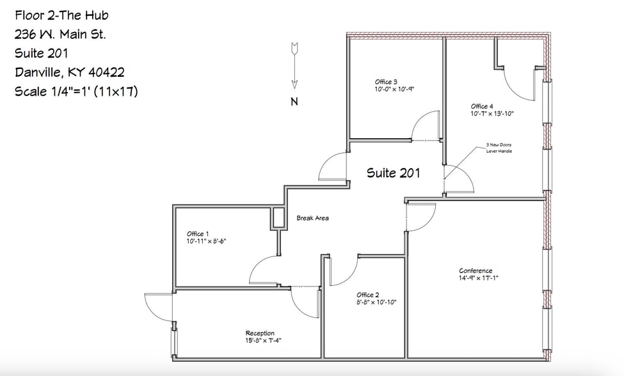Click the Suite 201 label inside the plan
click(x=393, y=173)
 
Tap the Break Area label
click(x=312, y=218)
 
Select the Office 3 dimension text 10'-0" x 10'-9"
click(x=395, y=90)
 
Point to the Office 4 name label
click(x=482, y=106)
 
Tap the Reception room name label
click(x=260, y=333)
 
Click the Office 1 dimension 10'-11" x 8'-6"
click(x=207, y=242)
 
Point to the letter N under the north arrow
click(x=294, y=102)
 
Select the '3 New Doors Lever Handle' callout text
click(x=499, y=148)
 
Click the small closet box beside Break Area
click(x=278, y=217)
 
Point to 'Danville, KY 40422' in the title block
click(x=69, y=73)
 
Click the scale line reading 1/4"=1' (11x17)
click(x=76, y=92)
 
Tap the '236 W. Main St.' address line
click(x=60, y=35)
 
